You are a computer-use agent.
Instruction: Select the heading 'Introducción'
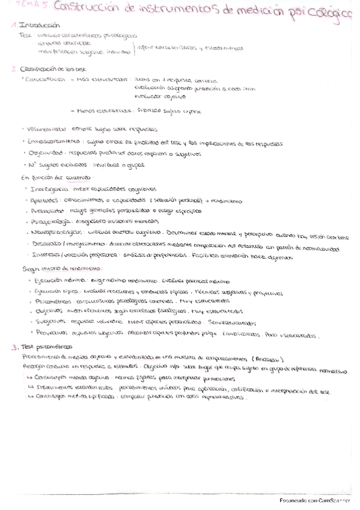click(40, 26)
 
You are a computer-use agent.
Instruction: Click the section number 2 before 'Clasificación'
click(14, 69)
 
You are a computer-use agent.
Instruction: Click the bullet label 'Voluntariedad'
click(46, 129)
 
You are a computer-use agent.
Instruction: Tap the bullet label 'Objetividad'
click(46, 153)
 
